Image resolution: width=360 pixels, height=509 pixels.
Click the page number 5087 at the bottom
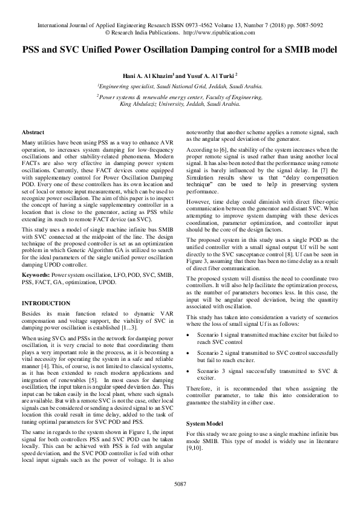(x=180, y=484)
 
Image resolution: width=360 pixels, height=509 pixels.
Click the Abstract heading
(x=32, y=132)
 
